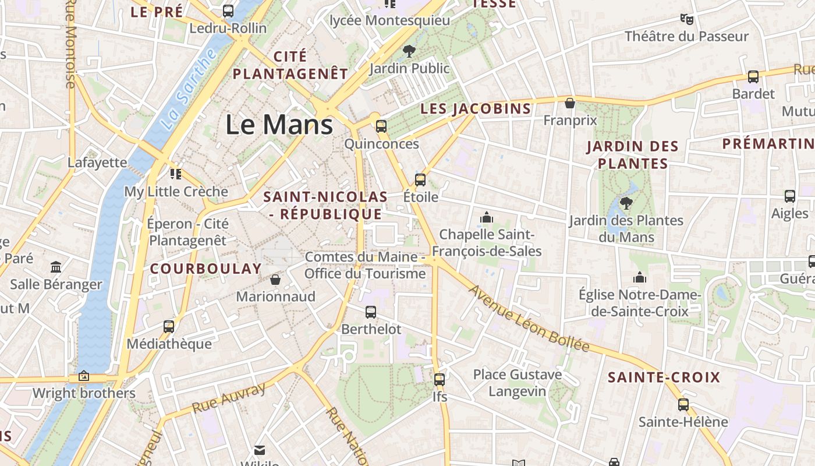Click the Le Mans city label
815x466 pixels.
(x=279, y=125)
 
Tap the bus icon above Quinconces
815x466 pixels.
(x=381, y=126)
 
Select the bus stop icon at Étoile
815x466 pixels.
(x=420, y=179)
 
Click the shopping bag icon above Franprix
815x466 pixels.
(x=570, y=103)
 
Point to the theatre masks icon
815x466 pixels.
(x=687, y=19)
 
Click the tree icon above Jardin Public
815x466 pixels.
(x=409, y=51)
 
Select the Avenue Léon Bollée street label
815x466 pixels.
(x=529, y=318)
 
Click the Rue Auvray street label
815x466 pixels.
(x=229, y=398)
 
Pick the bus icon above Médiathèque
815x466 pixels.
(x=169, y=326)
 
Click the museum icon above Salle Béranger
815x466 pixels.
(x=56, y=267)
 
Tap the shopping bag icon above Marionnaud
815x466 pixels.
(x=275, y=280)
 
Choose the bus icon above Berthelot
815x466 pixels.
(x=371, y=312)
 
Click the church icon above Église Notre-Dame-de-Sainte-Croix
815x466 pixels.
(x=640, y=277)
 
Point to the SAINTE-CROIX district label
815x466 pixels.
(x=664, y=377)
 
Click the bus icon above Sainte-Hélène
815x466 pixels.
(x=683, y=404)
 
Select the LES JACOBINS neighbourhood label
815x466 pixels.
(x=476, y=109)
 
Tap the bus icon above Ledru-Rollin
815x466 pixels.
(x=228, y=10)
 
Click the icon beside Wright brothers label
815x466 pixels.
(x=84, y=376)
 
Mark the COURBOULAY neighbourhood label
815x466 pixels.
(x=206, y=269)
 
